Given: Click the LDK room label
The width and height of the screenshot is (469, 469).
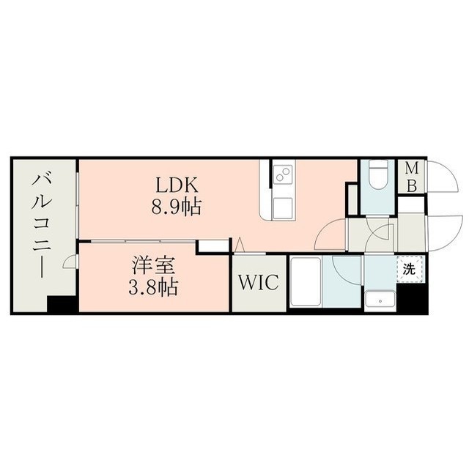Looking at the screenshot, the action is [x=176, y=185].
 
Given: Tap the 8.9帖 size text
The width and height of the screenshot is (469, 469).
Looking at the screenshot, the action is [x=176, y=207].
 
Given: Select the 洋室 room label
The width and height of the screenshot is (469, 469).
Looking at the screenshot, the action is [x=153, y=265].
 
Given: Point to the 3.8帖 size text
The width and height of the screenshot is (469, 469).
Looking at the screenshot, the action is [x=153, y=287].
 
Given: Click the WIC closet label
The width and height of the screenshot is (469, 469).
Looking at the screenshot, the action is [x=259, y=282].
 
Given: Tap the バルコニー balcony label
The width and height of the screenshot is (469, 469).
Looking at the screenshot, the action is [x=43, y=226].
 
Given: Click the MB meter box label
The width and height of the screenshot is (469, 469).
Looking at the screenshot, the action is [x=412, y=177].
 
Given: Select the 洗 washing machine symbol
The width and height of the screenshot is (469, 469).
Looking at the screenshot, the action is [x=410, y=269].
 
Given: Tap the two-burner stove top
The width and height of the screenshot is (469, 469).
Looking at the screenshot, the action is [x=284, y=174].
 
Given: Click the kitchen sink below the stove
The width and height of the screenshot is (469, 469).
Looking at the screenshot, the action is [x=283, y=208].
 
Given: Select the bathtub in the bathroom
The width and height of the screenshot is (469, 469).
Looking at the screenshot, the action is [x=306, y=281].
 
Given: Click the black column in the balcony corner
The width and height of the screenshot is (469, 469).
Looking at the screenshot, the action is [x=62, y=305].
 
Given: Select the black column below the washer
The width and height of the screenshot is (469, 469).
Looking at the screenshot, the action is [x=412, y=298].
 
